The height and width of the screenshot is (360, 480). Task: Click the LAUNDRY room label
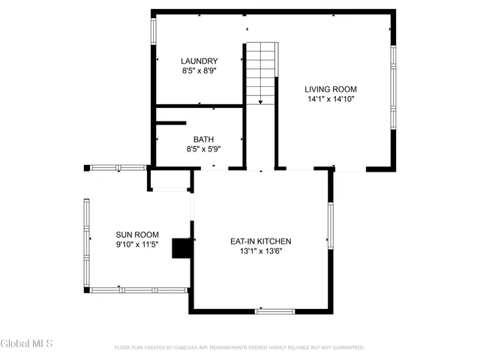coord(199,61)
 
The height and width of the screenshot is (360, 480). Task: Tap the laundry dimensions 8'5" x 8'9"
coord(199,71)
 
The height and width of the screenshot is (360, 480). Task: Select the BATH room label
coord(203,139)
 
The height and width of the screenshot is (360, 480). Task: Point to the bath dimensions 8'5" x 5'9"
coord(203,149)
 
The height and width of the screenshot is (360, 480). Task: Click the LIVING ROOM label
coord(330,89)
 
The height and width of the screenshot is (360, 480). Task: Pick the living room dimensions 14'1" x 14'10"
coord(330,99)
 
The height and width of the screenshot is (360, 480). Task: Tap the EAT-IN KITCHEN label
coord(260,241)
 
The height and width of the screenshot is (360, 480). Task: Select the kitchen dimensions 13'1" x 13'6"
coord(260,251)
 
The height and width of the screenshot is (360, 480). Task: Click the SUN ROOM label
coord(136,235)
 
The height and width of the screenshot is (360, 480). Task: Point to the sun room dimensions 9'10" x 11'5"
coord(136,244)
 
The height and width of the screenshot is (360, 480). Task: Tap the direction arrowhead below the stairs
coord(260,102)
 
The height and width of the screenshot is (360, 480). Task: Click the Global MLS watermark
coord(27,343)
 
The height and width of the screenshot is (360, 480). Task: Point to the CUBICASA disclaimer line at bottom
coord(239,348)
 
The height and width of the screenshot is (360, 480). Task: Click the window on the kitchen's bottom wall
coord(275,310)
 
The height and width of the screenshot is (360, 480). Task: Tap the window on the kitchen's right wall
coord(330,224)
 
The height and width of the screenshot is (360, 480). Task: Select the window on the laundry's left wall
coord(153,30)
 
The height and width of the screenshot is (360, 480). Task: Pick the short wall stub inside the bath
coord(171,122)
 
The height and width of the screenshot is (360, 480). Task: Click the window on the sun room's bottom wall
coord(139,290)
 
